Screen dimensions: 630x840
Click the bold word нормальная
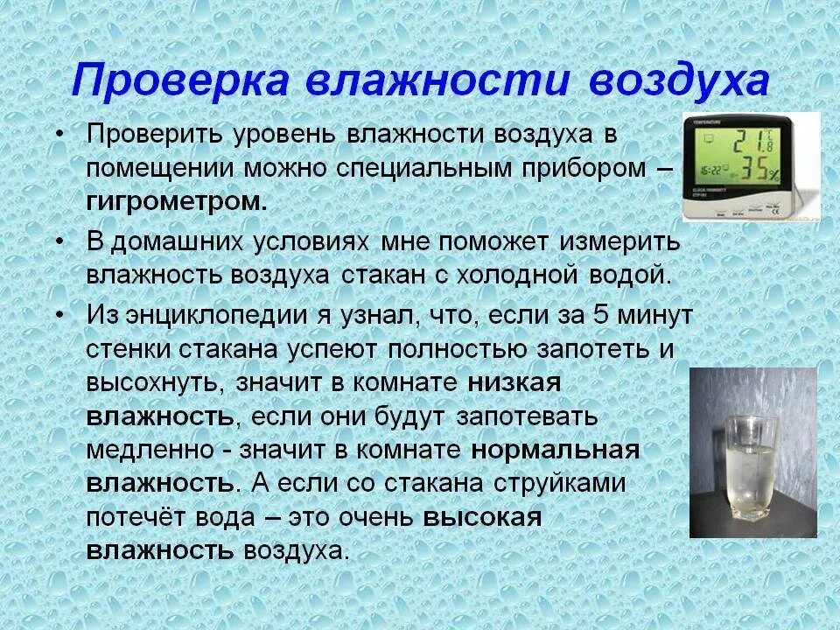click(556, 450)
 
